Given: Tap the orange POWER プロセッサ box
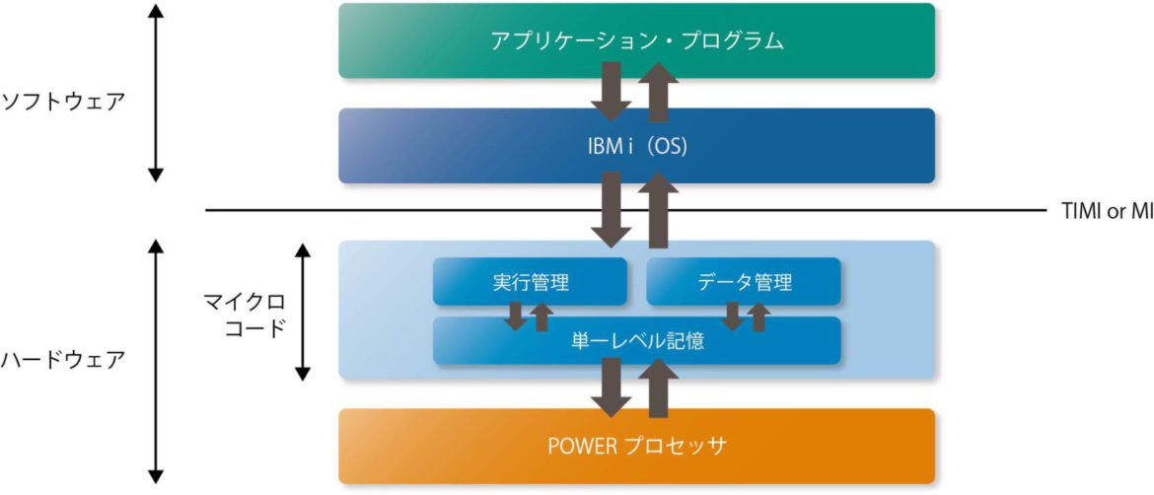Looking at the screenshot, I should tap(636, 446).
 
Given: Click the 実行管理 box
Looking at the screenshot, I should tap(530, 282).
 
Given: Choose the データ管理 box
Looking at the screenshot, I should tap(743, 282).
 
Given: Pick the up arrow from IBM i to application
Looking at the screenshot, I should tap(660, 91).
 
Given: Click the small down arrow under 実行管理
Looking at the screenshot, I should tap(515, 317).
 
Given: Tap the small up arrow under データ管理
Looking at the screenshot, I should tap(757, 317).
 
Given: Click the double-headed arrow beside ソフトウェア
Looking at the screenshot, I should tap(155, 93).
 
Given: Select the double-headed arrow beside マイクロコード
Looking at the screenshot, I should tap(304, 312).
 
